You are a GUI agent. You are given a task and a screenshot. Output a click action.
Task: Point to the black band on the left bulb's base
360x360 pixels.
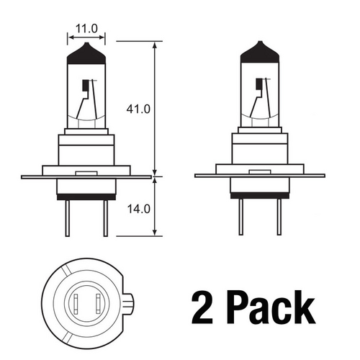point(86,196)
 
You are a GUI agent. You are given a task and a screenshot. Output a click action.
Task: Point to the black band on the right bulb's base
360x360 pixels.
point(258,196)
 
